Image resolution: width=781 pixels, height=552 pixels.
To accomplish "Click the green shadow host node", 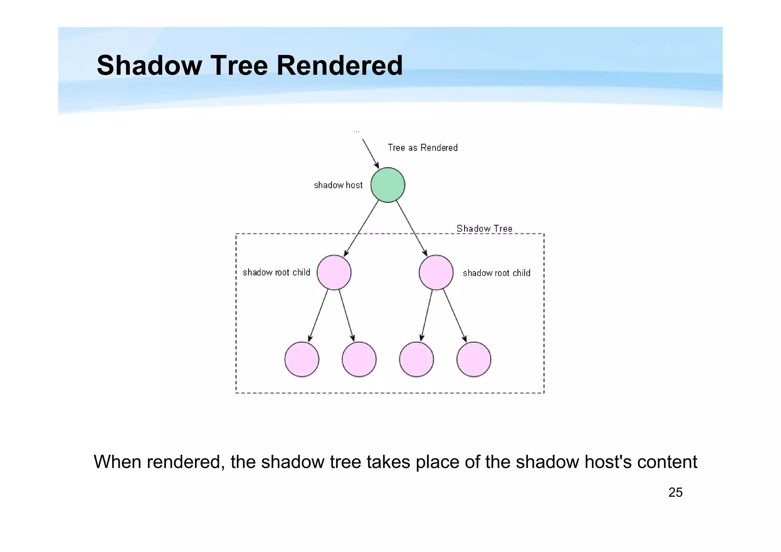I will pyautogui.click(x=387, y=185).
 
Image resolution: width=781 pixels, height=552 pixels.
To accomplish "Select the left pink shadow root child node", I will pyautogui.click(x=334, y=273).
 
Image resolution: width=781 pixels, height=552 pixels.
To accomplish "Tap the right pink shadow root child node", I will pyautogui.click(x=436, y=273).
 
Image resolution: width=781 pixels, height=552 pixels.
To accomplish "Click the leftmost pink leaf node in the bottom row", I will pyautogui.click(x=302, y=359).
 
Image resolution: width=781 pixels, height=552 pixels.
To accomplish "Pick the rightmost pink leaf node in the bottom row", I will pyautogui.click(x=474, y=359).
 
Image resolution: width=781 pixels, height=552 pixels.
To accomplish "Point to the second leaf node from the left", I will pyautogui.click(x=359, y=359).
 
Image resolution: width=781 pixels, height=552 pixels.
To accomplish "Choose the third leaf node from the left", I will pyautogui.click(x=416, y=359).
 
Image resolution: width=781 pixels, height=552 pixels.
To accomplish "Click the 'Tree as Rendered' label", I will pyautogui.click(x=423, y=148).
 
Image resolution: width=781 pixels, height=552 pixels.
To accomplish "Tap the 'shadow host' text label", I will pyautogui.click(x=338, y=185).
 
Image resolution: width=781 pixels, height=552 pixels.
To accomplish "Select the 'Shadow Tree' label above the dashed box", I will pyautogui.click(x=484, y=229).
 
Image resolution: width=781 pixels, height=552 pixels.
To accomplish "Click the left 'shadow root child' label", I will pyautogui.click(x=276, y=273).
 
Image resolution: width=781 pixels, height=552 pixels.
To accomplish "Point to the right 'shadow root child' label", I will pyautogui.click(x=497, y=273).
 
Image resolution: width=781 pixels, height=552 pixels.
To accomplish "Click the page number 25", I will pyautogui.click(x=675, y=493).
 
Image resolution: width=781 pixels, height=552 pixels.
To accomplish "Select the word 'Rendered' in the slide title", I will pyautogui.click(x=339, y=66).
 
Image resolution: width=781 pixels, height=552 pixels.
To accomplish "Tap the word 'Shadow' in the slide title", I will pyautogui.click(x=149, y=66).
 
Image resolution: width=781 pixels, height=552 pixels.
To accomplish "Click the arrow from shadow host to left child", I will pyautogui.click(x=361, y=228).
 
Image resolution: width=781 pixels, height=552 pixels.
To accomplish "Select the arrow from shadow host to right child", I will pyautogui.click(x=411, y=228).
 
